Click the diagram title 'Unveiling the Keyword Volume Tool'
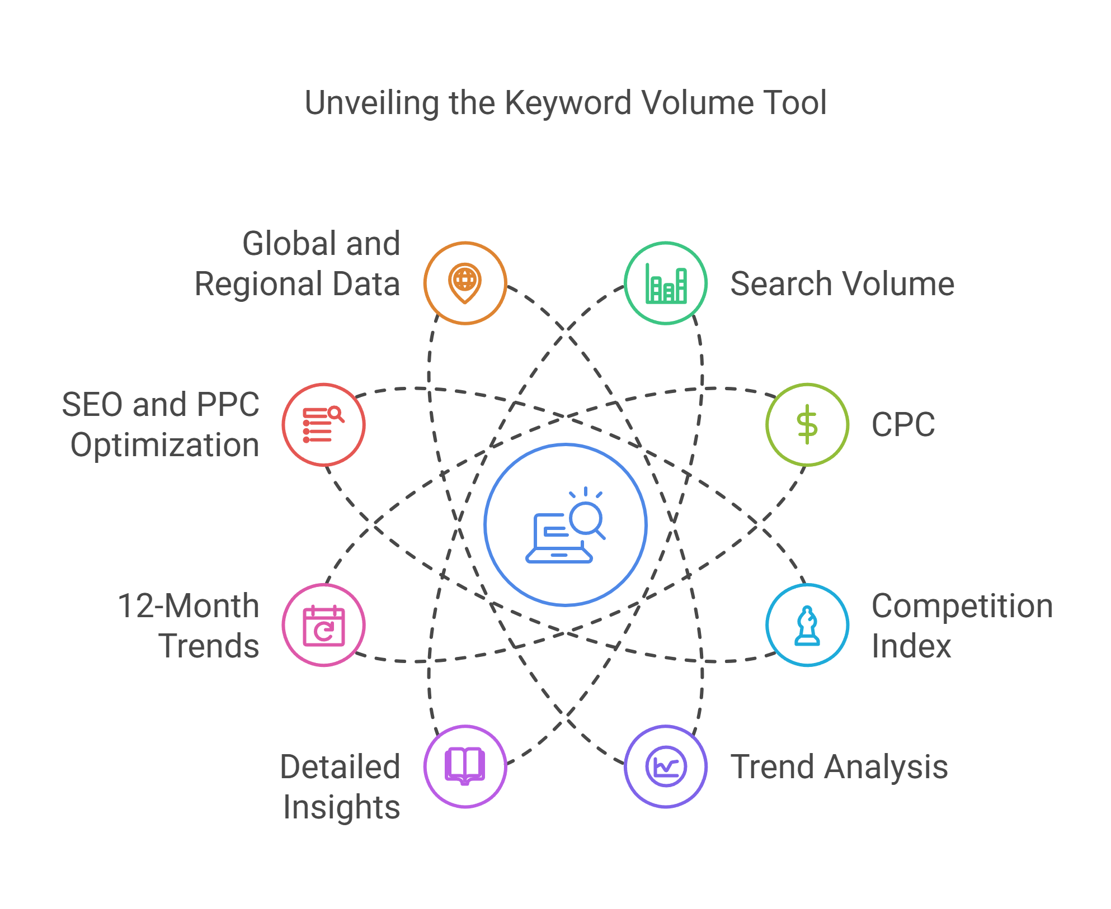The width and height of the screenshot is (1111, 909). point(565,103)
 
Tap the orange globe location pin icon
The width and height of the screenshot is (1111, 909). point(465,283)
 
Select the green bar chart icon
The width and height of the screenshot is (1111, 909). point(666,283)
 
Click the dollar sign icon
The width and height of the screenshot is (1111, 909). point(807,425)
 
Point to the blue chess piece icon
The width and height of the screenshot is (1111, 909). point(807,626)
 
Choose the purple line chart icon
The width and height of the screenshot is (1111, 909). point(666,766)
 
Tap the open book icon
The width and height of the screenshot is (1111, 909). point(465,766)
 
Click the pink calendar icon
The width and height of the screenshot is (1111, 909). point(323,626)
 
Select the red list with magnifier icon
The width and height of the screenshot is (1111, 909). point(323,425)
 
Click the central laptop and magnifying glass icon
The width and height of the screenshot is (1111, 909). point(565,525)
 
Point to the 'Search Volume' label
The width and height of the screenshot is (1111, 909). point(842,284)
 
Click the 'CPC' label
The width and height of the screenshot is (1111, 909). point(903,425)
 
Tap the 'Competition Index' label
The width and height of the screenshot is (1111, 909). point(961,626)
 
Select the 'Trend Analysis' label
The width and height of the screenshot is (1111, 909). point(839,767)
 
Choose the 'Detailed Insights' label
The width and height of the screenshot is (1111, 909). point(341,787)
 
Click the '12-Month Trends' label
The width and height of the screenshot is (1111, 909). point(189,626)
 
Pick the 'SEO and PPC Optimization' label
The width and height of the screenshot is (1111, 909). point(161,425)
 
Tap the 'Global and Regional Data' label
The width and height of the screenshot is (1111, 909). point(298,264)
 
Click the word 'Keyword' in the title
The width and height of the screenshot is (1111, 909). point(568,103)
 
